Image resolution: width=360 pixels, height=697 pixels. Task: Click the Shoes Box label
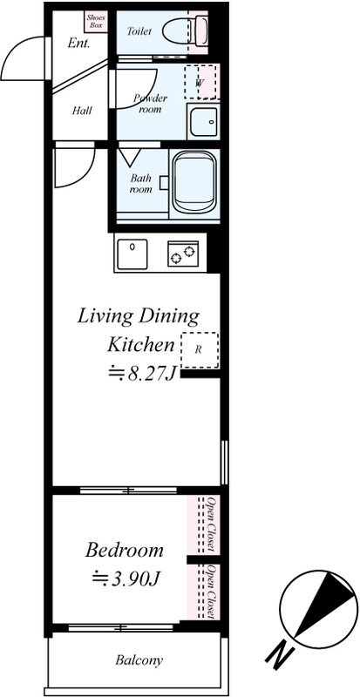coord(96,21)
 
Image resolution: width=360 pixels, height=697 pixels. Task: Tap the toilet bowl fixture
coord(185,31)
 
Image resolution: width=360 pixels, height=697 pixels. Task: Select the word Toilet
coord(139,31)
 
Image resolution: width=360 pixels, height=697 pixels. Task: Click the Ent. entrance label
coord(78,43)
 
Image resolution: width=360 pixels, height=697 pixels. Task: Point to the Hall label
coord(82,110)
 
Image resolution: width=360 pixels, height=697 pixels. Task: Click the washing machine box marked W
coord(202,82)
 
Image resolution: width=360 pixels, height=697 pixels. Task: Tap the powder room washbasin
coord(203,121)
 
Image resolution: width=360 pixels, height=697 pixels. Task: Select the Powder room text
coord(150,104)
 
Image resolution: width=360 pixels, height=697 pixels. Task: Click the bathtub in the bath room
coord(194,181)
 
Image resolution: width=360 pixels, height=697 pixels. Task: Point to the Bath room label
coord(140,184)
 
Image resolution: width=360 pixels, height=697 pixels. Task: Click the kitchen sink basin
coord(132,254)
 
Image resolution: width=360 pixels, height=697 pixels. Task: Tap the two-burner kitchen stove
coord(183,254)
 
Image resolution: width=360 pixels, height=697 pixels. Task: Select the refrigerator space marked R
coord(200,350)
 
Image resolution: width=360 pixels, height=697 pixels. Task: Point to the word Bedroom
coord(124,551)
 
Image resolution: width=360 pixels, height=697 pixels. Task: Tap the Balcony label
coord(139,660)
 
